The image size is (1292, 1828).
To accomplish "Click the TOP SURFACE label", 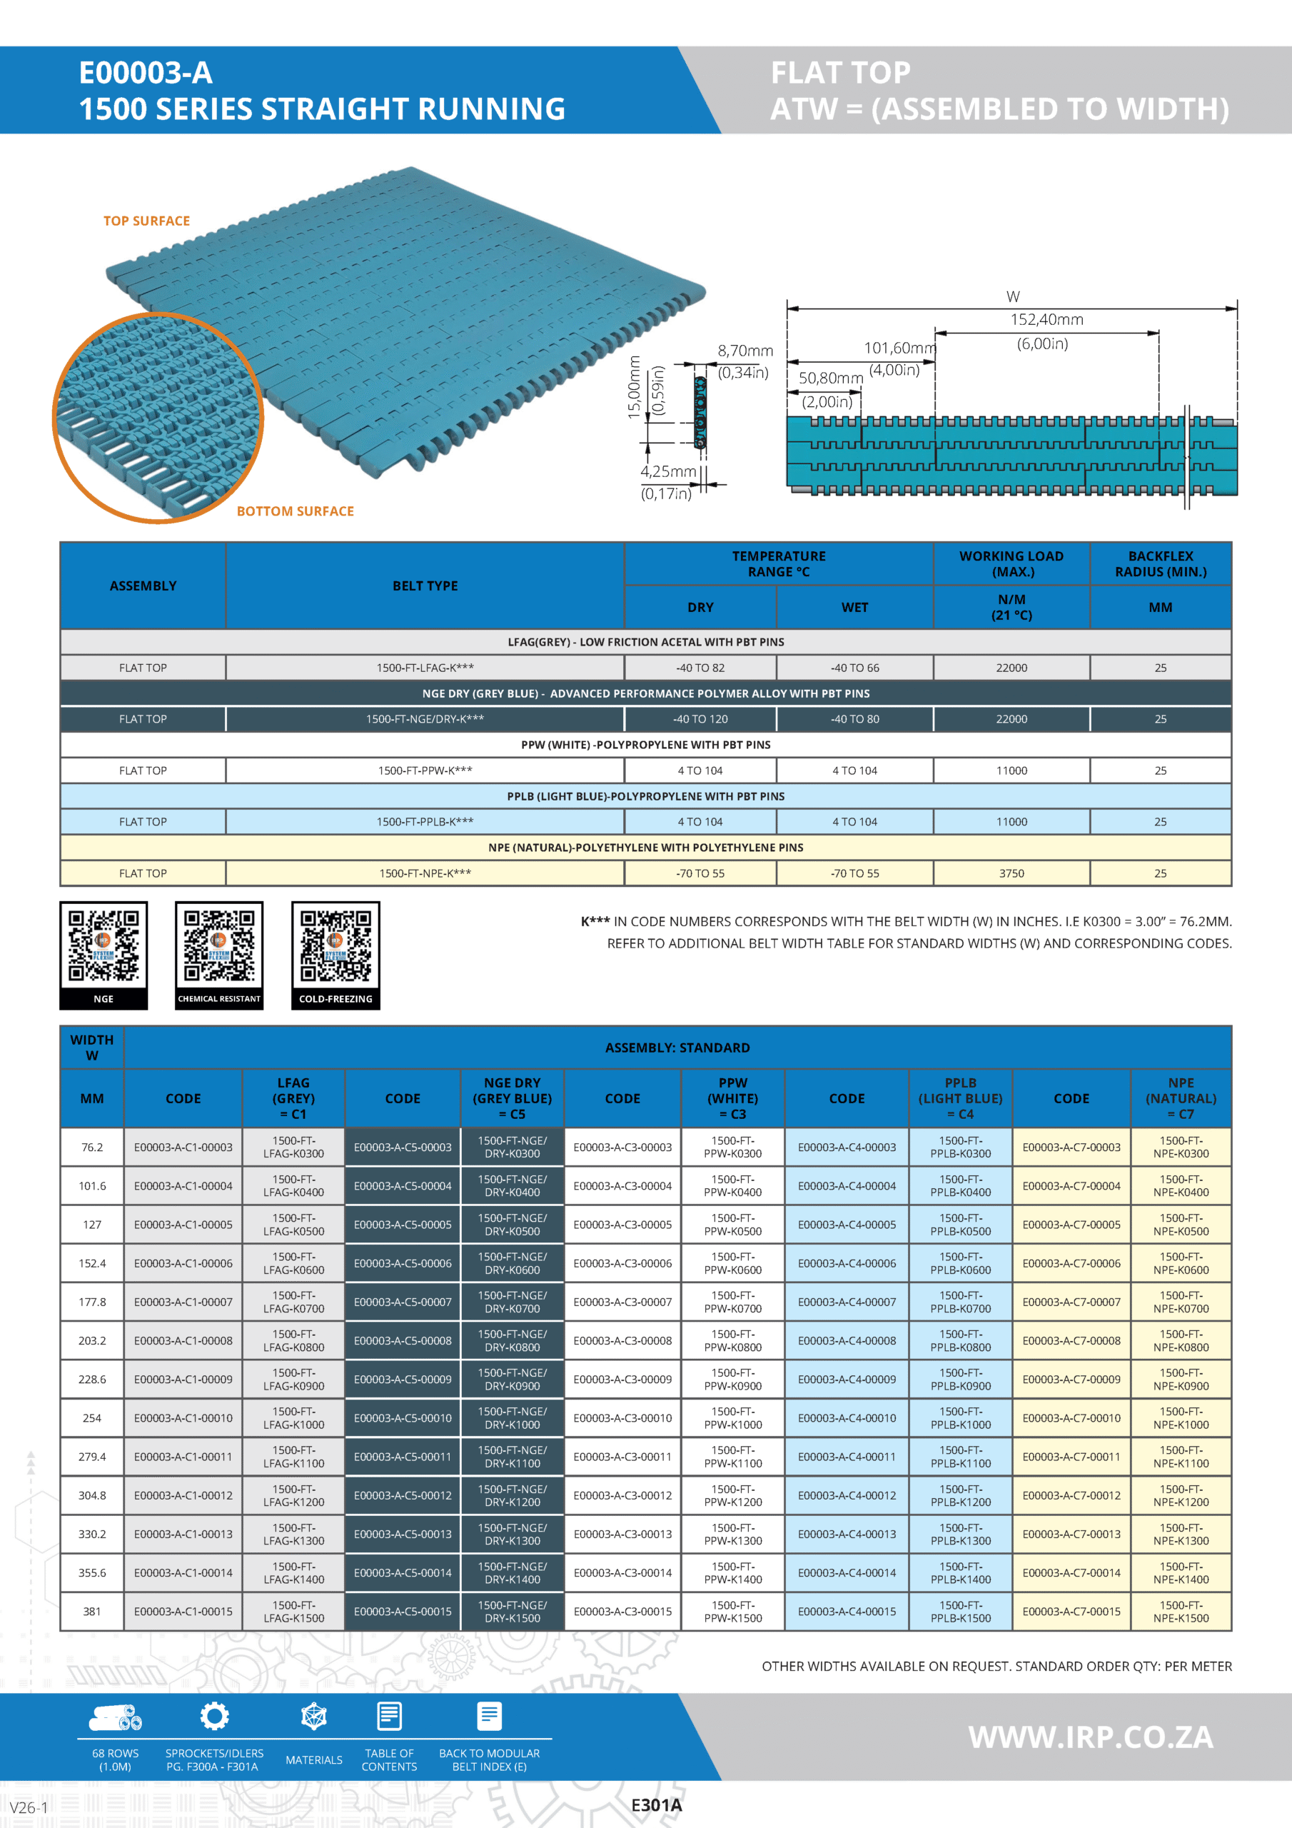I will pyautogui.click(x=146, y=221).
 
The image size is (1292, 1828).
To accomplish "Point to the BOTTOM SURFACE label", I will pyautogui.click(x=295, y=511).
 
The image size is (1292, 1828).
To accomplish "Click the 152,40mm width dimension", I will pyautogui.click(x=1046, y=320).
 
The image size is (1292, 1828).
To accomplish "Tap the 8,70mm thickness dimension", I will pyautogui.click(x=745, y=351).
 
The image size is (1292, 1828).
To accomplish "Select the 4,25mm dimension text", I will pyautogui.click(x=668, y=471).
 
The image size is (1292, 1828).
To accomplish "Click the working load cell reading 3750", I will pyautogui.click(x=1011, y=873).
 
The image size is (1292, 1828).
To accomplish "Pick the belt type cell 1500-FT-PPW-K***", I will pyautogui.click(x=425, y=770).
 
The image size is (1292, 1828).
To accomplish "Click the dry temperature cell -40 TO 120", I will pyautogui.click(x=700, y=719).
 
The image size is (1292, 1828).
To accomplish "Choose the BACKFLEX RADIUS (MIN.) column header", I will pyautogui.click(x=1160, y=563).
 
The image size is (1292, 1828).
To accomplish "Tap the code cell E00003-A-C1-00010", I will pyautogui.click(x=183, y=1418).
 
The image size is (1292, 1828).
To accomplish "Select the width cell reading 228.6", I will pyautogui.click(x=92, y=1379).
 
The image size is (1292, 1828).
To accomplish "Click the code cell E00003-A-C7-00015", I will pyautogui.click(x=1071, y=1612).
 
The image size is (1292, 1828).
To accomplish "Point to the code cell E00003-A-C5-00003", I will pyautogui.click(x=402, y=1147).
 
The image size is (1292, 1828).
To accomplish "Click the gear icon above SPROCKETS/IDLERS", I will pyautogui.click(x=214, y=1716).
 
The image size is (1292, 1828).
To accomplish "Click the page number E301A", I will pyautogui.click(x=656, y=1805).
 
